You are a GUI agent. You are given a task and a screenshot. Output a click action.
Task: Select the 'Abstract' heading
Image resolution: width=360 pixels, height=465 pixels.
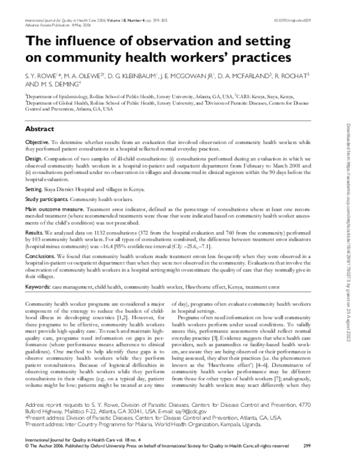coord(40,128)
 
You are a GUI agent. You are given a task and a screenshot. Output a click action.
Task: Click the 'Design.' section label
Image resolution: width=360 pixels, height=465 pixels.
coord(34,158)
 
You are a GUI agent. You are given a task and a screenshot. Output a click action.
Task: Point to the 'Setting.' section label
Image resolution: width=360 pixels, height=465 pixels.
coord(35,188)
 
